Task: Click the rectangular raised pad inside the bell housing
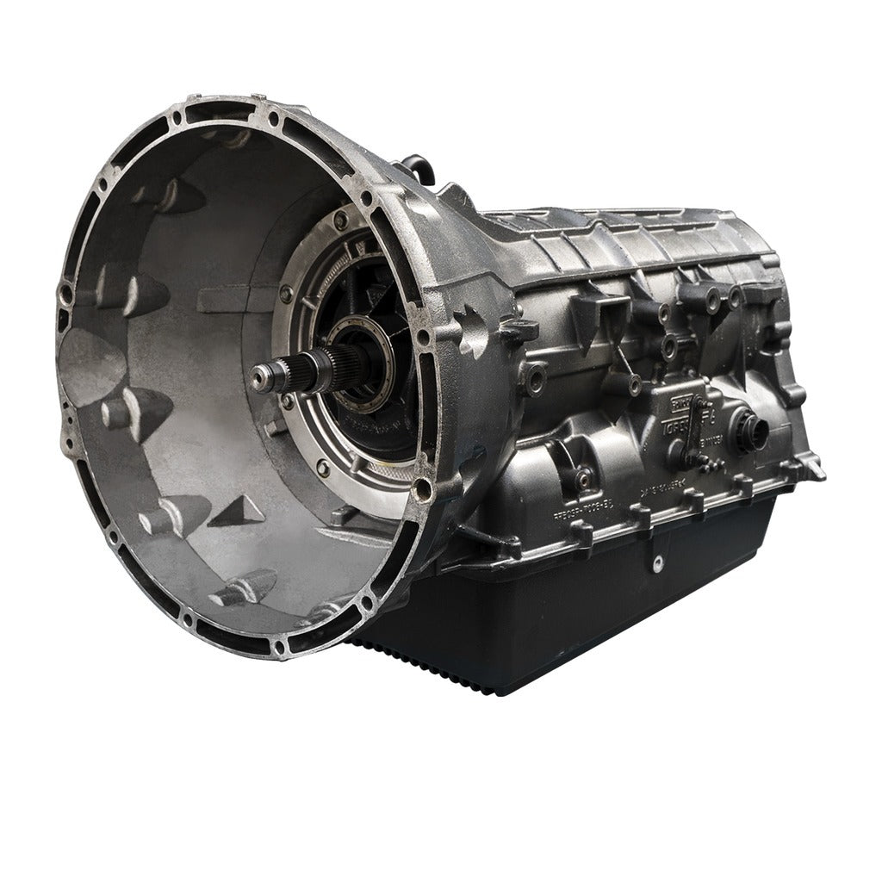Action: click(226, 300)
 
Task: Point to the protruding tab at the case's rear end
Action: click(813, 472)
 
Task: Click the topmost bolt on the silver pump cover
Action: click(342, 220)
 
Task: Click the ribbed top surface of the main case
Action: click(620, 233)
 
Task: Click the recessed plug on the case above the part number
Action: click(585, 475)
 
